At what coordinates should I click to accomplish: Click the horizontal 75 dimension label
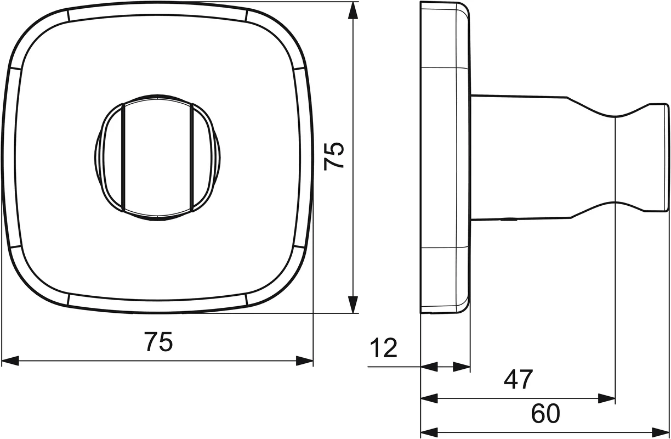(158, 341)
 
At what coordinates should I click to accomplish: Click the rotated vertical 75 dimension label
(334, 156)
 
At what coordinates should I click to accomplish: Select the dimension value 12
(384, 347)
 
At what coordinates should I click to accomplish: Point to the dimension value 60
(545, 413)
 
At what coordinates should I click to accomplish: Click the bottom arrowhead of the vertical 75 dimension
(354, 305)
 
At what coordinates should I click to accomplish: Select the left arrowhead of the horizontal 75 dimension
(10, 361)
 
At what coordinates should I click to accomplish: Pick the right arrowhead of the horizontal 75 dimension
(304, 361)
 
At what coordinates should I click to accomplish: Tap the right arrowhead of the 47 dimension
(607, 399)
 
